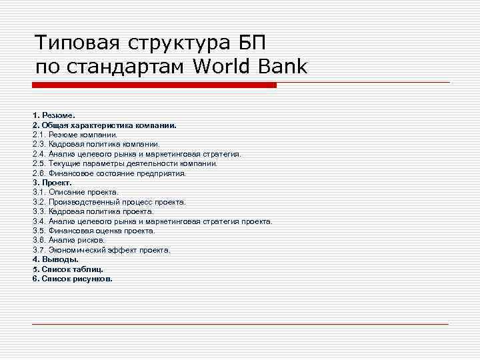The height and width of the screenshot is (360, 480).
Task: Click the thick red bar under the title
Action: click(154, 85)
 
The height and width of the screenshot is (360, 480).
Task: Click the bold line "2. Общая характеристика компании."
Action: click(104, 125)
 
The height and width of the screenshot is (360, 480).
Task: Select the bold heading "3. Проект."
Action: click(52, 182)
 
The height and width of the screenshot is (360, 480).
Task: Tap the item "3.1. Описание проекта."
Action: click(75, 192)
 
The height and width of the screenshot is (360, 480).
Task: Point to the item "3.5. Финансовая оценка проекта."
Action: click(94, 231)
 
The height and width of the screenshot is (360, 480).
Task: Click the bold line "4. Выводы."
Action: click(55, 259)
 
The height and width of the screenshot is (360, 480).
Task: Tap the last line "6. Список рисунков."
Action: click(72, 279)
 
